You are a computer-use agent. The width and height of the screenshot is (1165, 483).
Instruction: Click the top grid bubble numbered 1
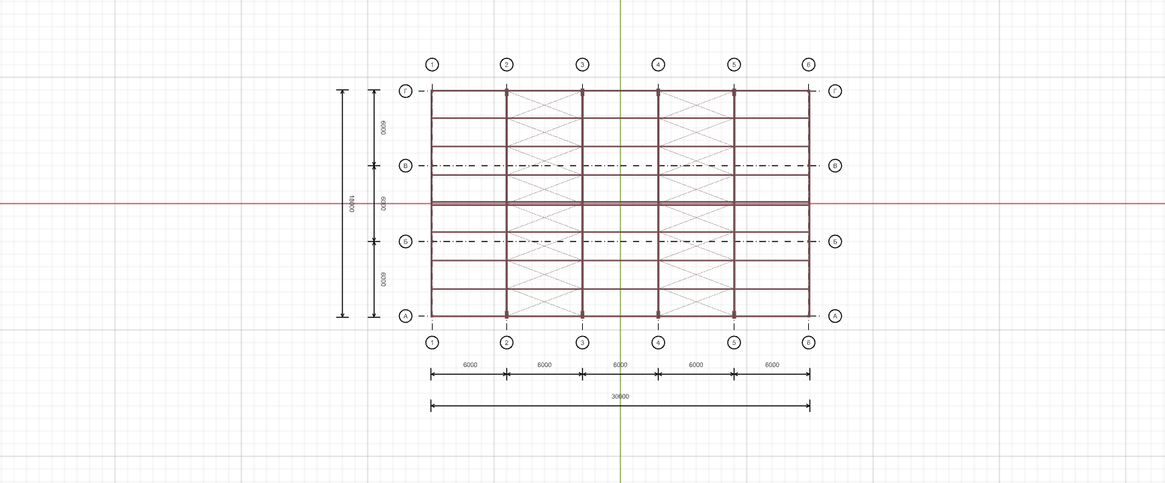[432, 65]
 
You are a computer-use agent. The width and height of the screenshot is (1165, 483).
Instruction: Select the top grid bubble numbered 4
[658, 65]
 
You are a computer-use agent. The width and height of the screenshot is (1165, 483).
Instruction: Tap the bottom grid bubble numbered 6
[808, 343]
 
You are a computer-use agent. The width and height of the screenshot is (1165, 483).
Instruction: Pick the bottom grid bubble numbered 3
[582, 343]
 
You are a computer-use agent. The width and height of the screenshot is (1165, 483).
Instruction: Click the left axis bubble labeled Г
[405, 91]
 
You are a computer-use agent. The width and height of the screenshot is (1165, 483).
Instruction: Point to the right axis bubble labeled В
[835, 166]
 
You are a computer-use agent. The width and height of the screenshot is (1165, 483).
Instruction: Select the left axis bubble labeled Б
[405, 241]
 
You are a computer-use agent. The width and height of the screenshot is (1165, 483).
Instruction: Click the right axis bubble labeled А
[835, 316]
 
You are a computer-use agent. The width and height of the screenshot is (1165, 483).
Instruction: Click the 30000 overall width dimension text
[620, 396]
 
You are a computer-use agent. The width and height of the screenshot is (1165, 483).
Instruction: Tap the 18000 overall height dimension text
[351, 204]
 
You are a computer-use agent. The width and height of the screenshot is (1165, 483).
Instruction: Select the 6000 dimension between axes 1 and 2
[470, 365]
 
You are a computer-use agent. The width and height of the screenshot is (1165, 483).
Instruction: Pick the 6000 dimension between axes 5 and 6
[772, 365]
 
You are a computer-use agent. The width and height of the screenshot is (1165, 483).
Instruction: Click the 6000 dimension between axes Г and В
[383, 128]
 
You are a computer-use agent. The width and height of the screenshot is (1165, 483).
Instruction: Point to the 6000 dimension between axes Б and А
[383, 279]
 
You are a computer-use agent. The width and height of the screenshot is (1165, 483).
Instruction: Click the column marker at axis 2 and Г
[506, 93]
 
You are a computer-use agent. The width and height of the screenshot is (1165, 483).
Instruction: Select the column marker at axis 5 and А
[734, 314]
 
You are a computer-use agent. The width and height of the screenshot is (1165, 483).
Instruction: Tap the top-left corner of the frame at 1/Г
[432, 91]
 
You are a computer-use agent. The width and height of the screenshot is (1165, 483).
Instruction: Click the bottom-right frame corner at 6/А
[809, 316]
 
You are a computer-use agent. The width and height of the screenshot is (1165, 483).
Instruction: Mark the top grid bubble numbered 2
[506, 65]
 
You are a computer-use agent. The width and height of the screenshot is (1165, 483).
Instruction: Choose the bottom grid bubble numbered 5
[734, 343]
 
